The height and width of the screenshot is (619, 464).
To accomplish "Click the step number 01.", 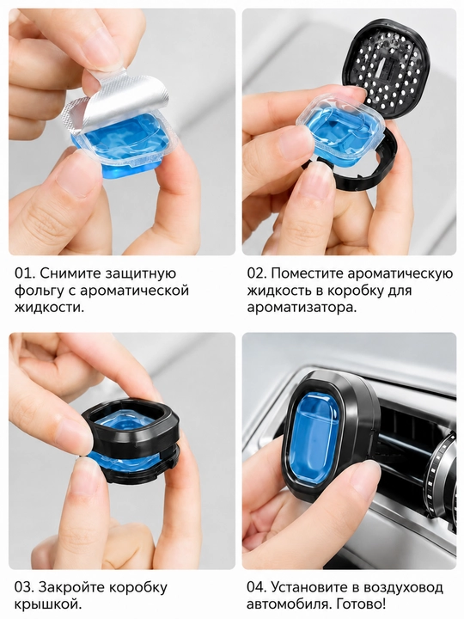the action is (24, 273).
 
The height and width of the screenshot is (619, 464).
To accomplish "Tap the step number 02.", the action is (256, 273).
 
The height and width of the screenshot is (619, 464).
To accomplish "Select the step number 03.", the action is (24, 587).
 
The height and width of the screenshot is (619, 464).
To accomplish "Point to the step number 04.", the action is (256, 587).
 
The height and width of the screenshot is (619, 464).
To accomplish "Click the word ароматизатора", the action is (302, 309).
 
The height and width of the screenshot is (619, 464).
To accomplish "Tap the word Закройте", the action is (71, 588).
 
